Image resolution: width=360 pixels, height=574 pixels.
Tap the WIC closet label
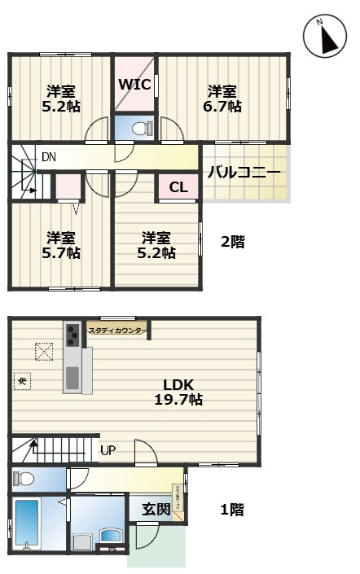tap(134, 84)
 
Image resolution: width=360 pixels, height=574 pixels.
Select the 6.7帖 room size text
tap(222, 107)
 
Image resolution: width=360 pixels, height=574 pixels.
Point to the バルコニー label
tap(244, 173)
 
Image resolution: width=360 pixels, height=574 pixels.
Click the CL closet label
tap(178, 188)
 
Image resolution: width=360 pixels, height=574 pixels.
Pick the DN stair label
tap(48, 156)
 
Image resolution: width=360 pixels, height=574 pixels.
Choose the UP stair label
tap(108, 449)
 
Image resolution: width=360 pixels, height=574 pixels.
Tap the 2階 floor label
tap(233, 241)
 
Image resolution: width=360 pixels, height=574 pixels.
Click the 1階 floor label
tap(232, 510)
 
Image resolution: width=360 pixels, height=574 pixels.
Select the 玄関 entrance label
tap(156, 509)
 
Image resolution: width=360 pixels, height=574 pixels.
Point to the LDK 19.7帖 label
tap(178, 392)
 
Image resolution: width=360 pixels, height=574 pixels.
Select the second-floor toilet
tap(139, 128)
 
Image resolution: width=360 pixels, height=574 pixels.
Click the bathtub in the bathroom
tap(27, 526)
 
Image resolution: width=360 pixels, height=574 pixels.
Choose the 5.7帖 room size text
tap(62, 253)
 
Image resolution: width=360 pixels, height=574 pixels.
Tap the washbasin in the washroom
tap(110, 537)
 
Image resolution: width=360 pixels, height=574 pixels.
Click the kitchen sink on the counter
tap(73, 376)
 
